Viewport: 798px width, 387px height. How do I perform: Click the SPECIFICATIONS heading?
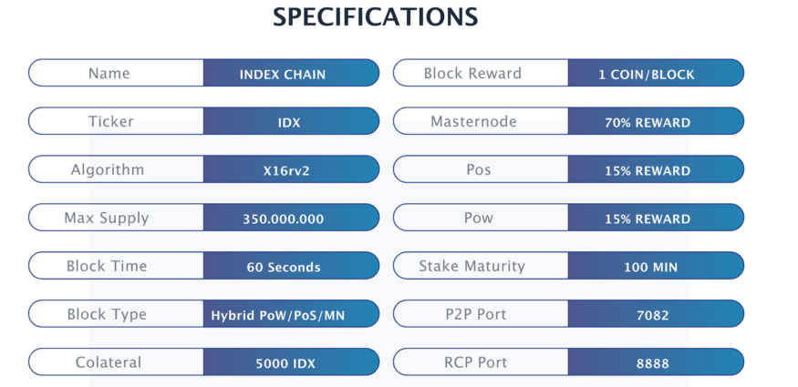click(375, 17)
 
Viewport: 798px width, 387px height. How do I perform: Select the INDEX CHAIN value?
click(283, 75)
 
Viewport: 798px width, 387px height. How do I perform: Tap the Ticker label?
click(111, 122)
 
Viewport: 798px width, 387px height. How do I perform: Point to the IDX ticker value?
click(289, 123)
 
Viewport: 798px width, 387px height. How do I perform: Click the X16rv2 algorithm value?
click(286, 171)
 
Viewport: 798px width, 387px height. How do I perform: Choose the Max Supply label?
click(107, 219)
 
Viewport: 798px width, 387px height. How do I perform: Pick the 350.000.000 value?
click(283, 219)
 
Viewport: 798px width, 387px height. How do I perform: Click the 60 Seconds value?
click(284, 268)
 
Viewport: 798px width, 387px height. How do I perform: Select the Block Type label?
click(107, 315)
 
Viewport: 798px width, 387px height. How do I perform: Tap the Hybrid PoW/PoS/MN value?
click(278, 316)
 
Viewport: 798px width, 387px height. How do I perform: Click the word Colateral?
click(109, 362)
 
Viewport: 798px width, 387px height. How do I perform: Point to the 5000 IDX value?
click(285, 363)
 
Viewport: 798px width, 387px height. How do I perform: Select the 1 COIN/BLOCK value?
click(647, 75)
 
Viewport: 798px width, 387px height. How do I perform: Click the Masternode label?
click(473, 122)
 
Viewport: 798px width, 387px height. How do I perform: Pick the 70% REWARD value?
click(648, 123)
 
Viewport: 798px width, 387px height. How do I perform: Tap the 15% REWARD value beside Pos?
click(648, 171)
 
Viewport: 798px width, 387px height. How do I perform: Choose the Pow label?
click(479, 218)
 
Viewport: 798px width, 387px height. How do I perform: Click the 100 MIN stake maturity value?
click(651, 268)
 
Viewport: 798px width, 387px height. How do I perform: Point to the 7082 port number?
click(652, 316)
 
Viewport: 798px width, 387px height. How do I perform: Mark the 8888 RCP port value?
click(652, 363)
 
